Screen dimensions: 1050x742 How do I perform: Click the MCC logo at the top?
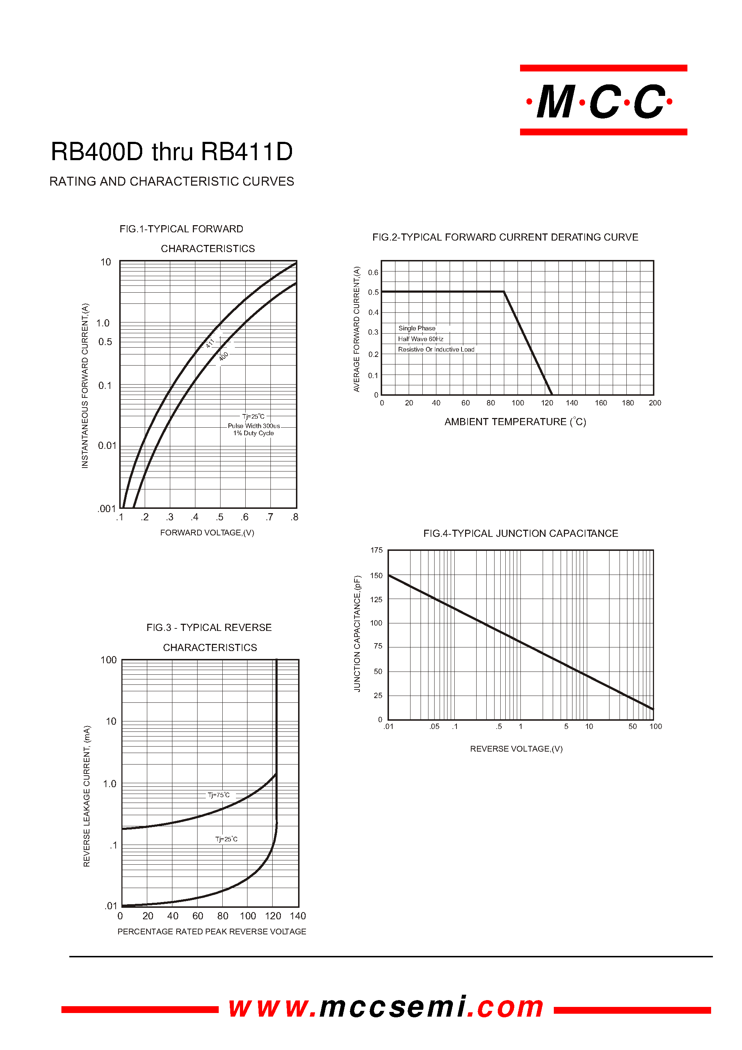603,101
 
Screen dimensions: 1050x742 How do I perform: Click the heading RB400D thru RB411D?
172,152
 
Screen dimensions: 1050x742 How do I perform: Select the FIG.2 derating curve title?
505,237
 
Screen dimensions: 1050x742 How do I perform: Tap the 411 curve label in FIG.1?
210,343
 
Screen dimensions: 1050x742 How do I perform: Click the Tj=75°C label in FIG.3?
219,795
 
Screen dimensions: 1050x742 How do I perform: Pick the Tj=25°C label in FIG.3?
226,839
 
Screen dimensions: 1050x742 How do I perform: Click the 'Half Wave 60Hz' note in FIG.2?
421,339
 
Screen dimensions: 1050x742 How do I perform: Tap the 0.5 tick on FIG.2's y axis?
373,292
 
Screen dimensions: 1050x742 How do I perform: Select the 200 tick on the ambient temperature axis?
655,403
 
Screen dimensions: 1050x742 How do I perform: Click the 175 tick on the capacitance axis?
376,550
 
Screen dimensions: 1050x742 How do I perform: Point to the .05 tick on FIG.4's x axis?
434,726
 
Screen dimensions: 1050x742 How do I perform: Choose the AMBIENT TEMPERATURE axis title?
515,422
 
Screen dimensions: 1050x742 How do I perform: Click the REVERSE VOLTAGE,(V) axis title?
516,749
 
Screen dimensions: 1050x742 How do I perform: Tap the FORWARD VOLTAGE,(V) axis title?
207,533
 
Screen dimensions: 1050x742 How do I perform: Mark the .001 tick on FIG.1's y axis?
107,508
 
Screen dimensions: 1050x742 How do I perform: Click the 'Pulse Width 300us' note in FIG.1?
254,426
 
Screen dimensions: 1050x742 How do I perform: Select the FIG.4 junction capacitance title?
521,533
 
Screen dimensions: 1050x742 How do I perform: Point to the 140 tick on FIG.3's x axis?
297,916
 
